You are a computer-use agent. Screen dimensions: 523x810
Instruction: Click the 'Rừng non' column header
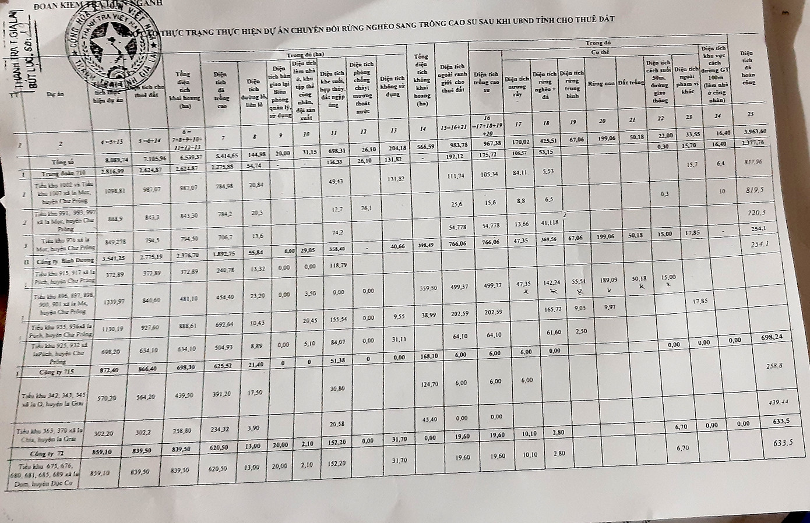[601, 83]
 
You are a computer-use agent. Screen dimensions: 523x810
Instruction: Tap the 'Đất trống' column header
[631, 83]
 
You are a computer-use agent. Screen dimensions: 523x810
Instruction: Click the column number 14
[422, 129]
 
